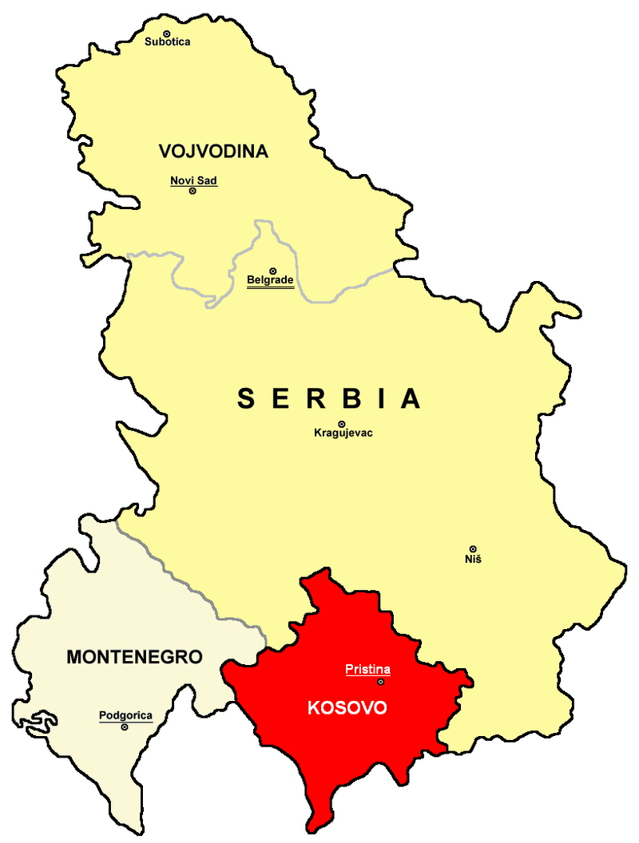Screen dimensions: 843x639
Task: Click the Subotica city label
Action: point(167,42)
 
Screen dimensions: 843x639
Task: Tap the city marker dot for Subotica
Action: point(167,32)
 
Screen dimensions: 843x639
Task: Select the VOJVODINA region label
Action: point(212,151)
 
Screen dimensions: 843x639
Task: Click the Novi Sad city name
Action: point(193,180)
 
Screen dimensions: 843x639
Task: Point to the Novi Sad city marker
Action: point(192,192)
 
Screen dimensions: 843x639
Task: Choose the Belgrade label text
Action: point(270,280)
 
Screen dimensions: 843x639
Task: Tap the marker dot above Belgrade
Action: point(272,271)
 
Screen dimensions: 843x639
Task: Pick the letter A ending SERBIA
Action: point(411,398)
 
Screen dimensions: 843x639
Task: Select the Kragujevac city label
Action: point(343,433)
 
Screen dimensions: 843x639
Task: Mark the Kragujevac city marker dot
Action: point(342,424)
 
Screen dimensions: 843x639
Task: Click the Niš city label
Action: point(473,559)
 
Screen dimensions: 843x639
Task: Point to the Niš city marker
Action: point(473,548)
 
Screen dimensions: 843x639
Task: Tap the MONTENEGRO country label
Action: point(134,657)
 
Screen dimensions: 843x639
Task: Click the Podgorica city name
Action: point(125,715)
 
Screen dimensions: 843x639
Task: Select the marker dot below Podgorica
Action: point(125,726)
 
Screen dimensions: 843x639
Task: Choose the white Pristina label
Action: point(367,669)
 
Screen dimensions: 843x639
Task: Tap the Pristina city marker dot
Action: point(380,681)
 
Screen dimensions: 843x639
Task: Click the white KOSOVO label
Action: point(347,708)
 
